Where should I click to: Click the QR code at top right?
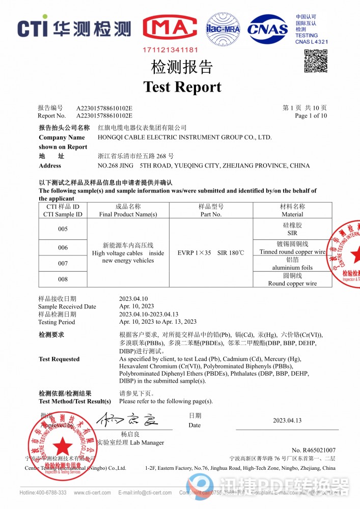pos(316,61)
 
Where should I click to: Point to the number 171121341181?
pos(170,50)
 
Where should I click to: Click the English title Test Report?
pos(182,87)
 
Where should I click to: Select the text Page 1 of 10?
pos(311,116)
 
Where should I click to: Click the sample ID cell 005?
pos(63,229)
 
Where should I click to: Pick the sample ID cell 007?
pos(63,264)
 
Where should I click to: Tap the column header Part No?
pos(211,214)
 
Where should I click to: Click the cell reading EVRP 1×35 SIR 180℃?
pos(211,252)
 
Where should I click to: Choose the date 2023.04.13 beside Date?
pos(287,420)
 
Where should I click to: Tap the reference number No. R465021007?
pos(314,450)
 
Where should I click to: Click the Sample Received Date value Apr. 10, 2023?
pos(136,306)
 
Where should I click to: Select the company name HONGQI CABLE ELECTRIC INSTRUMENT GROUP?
pos(184,137)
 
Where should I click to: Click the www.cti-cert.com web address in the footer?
pos(93,493)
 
